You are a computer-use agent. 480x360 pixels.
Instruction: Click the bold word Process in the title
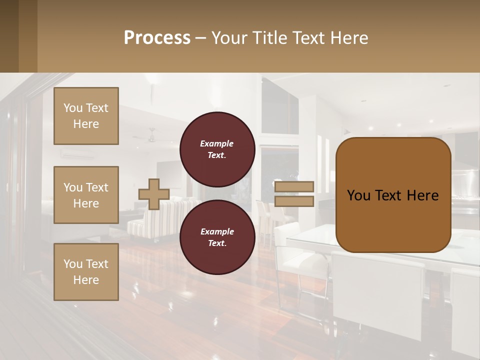(x=157, y=38)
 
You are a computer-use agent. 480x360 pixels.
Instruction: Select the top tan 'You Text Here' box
(x=86, y=116)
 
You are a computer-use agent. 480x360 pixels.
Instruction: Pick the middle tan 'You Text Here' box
(x=86, y=195)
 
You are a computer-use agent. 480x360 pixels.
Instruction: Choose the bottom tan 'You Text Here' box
(x=86, y=271)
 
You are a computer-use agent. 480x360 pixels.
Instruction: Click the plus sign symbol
(x=153, y=194)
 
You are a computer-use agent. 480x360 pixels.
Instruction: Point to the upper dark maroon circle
(x=217, y=149)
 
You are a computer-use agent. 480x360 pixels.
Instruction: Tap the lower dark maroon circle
(x=217, y=237)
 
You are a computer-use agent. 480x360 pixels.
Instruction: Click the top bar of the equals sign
(x=294, y=186)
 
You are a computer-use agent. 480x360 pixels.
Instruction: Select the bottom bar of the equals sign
(x=294, y=201)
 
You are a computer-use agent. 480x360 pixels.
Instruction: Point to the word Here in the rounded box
(x=422, y=195)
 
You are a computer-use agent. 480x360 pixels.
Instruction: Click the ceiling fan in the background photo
(x=151, y=136)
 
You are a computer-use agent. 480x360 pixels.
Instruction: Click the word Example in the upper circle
(x=216, y=144)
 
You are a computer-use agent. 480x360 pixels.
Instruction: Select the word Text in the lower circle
(x=216, y=243)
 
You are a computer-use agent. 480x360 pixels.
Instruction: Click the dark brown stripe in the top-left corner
(x=9, y=36)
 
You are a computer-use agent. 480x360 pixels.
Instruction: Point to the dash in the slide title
(x=200, y=38)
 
